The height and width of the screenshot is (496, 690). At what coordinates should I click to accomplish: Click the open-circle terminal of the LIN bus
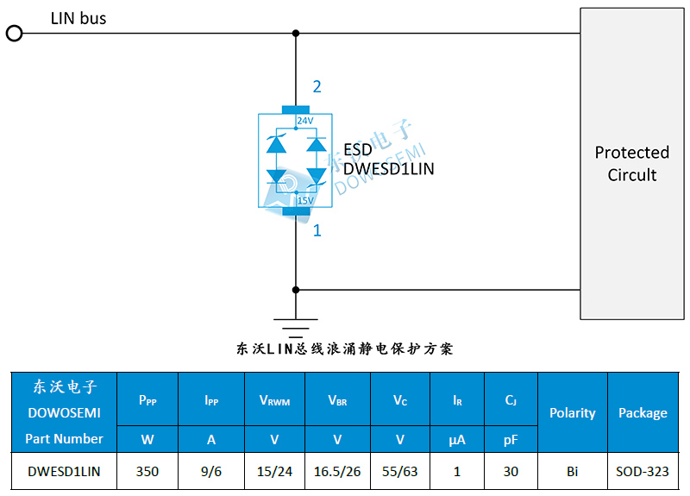click(x=14, y=34)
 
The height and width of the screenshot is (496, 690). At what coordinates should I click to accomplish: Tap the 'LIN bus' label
click(x=78, y=18)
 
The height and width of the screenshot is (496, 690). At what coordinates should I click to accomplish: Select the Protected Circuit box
click(x=632, y=164)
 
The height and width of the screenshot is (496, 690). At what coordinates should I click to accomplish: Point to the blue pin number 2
click(x=317, y=87)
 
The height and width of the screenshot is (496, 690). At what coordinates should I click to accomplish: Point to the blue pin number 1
click(x=317, y=230)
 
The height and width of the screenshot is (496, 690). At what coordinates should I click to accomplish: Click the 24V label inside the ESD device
click(x=305, y=121)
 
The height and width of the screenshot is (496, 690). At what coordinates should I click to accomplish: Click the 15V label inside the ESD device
click(x=305, y=201)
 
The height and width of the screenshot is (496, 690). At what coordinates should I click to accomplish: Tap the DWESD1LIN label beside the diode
click(x=389, y=169)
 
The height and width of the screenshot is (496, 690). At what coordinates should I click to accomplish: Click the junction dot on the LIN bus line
click(x=296, y=34)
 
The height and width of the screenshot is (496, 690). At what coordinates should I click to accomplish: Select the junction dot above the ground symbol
click(x=296, y=290)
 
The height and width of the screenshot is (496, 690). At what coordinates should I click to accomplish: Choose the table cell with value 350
click(x=147, y=471)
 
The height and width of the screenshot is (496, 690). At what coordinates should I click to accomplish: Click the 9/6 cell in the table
click(x=211, y=471)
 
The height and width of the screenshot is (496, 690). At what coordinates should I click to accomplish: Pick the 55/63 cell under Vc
click(x=400, y=471)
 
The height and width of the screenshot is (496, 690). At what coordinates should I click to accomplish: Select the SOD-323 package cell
click(x=643, y=471)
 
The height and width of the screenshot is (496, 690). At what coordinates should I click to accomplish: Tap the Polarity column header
click(x=573, y=413)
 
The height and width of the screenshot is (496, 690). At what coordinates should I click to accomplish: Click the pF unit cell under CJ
click(x=511, y=439)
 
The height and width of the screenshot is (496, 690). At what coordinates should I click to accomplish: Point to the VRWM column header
click(x=274, y=400)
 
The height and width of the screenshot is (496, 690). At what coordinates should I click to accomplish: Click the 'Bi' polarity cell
click(x=573, y=471)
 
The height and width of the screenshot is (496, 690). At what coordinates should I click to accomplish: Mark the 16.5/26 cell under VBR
click(x=337, y=471)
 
